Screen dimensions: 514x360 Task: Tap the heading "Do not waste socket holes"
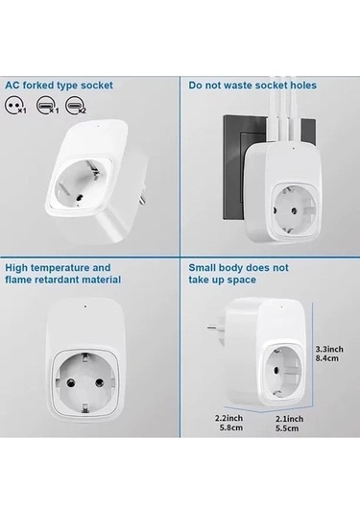click(x=252, y=86)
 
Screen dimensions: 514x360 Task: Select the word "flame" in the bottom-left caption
click(x=22, y=280)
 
